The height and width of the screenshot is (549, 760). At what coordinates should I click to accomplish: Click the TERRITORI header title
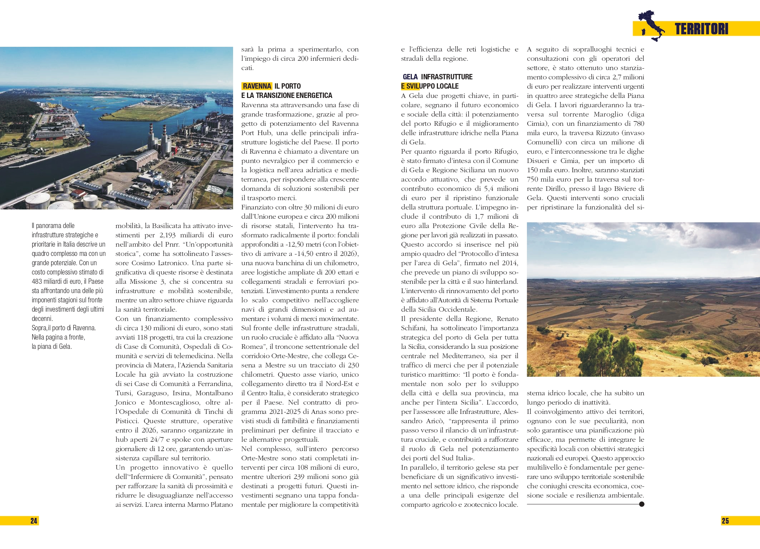coord(701,29)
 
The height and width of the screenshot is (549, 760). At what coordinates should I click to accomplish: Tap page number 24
coord(34,521)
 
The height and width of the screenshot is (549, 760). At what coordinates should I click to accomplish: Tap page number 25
coord(725,521)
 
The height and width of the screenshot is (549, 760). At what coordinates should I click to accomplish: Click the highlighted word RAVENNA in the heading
coord(257,86)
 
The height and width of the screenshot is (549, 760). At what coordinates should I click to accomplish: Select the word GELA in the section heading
coord(410,77)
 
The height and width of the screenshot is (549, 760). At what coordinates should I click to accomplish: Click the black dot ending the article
coord(642,504)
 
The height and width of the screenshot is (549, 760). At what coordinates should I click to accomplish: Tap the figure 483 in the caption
coord(37,282)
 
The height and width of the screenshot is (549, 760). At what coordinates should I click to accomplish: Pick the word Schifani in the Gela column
coord(414,328)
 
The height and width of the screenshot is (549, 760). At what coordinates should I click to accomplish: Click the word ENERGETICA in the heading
coord(314,95)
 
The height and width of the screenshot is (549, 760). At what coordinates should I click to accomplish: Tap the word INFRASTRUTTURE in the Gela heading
coord(446,77)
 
